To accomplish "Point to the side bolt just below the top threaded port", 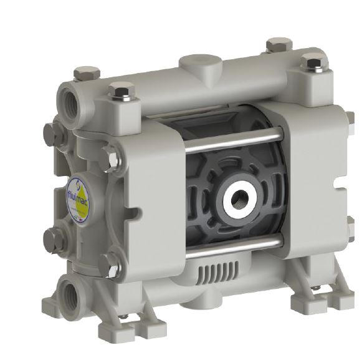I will click(52, 134).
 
